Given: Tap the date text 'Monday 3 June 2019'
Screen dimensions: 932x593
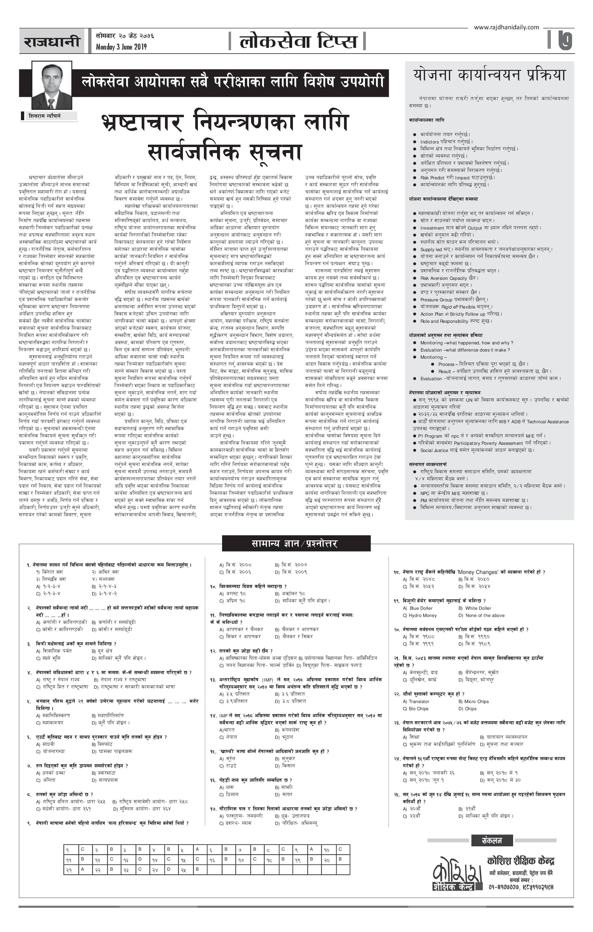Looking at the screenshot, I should [x=121, y=47].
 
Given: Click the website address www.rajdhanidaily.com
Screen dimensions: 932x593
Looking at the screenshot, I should [x=506, y=27].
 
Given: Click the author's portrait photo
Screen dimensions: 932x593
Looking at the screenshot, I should [x=51, y=85].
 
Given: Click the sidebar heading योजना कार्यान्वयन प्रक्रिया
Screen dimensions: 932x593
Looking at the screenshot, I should [x=489, y=75].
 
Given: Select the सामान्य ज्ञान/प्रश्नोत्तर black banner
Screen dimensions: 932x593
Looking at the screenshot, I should [x=296, y=543].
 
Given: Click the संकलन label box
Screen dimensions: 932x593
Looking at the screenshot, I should [x=492, y=840].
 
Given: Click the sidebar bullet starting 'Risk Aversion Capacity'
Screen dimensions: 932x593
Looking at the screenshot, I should [x=449, y=278].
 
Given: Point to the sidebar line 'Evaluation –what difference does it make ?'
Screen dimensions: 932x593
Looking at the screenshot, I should [x=465, y=350].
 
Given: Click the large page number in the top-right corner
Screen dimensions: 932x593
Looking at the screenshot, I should [x=565, y=40].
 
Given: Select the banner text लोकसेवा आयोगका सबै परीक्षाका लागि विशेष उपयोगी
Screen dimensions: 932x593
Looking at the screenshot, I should [x=232, y=82].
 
